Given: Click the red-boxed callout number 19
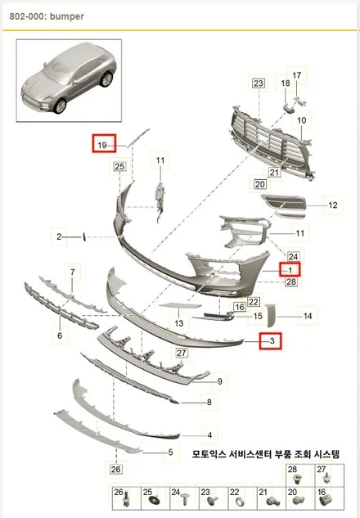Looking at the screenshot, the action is click(102, 145).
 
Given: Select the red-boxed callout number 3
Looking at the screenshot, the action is click(272, 340).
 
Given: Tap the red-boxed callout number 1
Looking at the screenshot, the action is click(290, 270).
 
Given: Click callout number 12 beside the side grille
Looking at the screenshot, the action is click(333, 205).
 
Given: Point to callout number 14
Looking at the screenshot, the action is click(308, 316).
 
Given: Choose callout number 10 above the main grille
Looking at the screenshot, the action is click(302, 120).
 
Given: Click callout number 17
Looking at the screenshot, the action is click(296, 75).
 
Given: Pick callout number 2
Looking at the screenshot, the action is click(59, 236).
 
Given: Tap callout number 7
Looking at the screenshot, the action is click(73, 273).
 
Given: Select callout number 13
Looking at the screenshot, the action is click(178, 322).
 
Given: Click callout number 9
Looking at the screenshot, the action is click(219, 381).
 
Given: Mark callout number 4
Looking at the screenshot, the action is click(209, 435).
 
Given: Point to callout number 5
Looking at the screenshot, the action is click(170, 452).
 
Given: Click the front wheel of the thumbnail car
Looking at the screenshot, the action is click(60, 106).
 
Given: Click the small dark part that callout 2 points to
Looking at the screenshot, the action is click(83, 236).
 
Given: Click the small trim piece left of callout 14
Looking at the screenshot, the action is click(271, 315).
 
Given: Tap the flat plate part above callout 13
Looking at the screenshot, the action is click(180, 305).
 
